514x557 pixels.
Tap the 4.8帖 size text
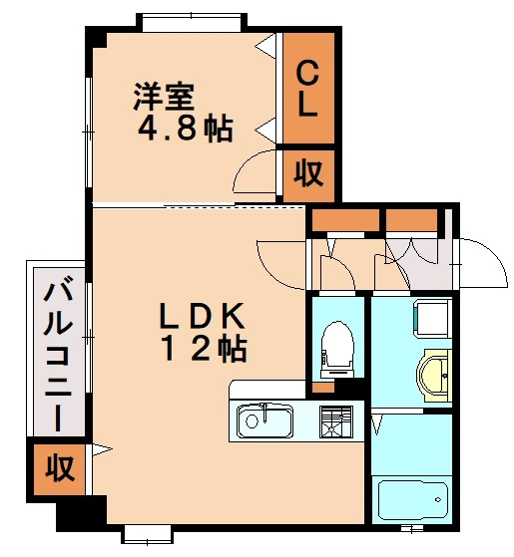click(186, 129)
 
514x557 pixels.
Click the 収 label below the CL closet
click(307, 174)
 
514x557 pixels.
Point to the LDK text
click(205, 317)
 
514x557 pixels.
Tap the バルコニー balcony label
click(57, 354)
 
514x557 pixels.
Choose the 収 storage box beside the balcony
click(58, 467)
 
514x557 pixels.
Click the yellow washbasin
click(434, 375)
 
